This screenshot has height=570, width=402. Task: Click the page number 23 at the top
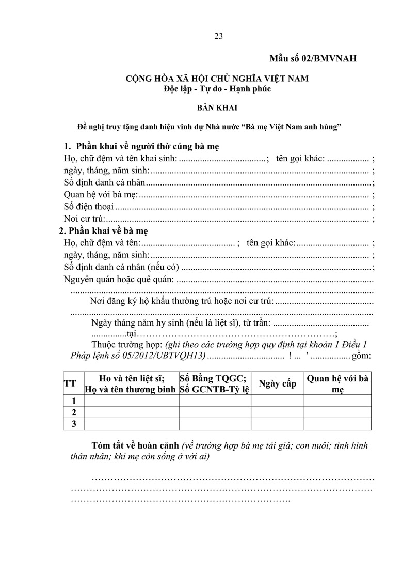pos(218,36)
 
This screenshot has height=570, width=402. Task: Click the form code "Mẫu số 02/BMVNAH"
pos(313,58)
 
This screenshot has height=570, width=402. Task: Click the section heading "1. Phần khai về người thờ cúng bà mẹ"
pos(141,146)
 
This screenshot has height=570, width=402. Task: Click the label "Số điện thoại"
pos(88,207)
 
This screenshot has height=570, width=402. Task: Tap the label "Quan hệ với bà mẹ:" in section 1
pos(99,195)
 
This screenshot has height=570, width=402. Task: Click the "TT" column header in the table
pos(70,383)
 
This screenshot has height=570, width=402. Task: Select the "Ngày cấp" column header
pos(277,383)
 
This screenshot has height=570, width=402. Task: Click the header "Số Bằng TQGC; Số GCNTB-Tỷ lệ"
pos(215,383)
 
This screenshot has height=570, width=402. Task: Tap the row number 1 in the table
pos(73,400)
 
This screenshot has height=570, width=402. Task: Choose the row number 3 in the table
pos(73,424)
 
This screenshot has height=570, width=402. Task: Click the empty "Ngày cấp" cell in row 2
pos(277,412)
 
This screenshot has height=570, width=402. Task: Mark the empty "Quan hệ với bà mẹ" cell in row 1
pos(337,400)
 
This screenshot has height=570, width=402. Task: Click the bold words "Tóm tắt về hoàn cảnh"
pos(135,445)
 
